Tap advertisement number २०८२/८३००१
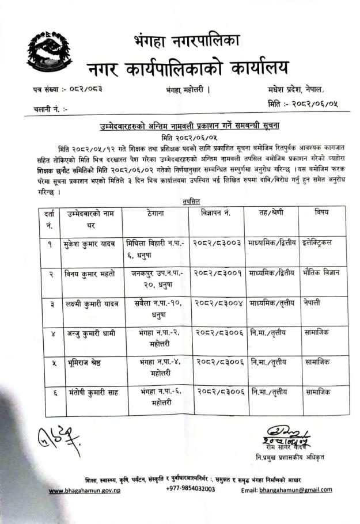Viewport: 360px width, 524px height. (x=217, y=273)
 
